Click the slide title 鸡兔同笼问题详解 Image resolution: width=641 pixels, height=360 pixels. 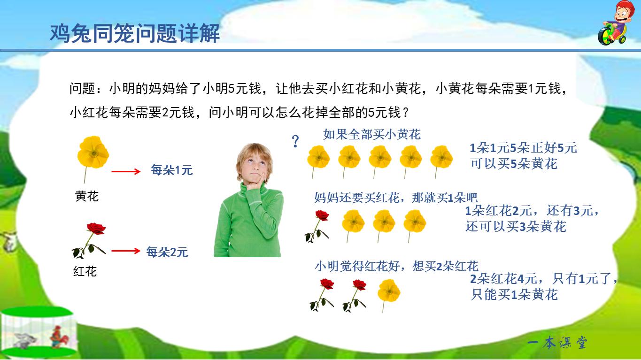[x=135, y=34]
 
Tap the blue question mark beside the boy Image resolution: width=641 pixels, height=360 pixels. [x=295, y=141]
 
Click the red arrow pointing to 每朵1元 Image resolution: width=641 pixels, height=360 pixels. [x=125, y=171]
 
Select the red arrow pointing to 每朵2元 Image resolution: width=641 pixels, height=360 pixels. [x=125, y=251]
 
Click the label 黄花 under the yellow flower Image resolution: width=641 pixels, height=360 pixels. [x=87, y=196]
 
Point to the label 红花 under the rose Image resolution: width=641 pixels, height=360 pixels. [x=85, y=271]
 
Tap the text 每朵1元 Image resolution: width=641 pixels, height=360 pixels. [x=172, y=170]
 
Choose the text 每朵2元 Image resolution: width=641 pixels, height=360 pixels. [x=167, y=252]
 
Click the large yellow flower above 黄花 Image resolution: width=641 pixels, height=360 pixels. [x=93, y=153]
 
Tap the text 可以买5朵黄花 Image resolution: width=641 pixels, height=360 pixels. [x=514, y=164]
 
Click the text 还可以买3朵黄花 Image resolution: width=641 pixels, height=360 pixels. [x=516, y=227]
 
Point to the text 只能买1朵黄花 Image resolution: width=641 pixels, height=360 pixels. [x=514, y=295]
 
